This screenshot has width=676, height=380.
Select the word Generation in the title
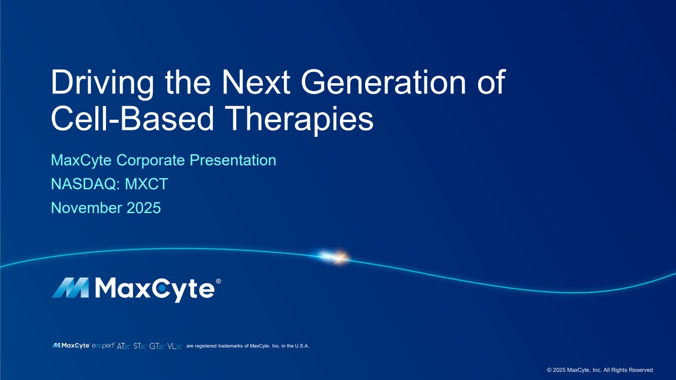coord(383,82)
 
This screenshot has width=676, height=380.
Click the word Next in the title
coord(256,82)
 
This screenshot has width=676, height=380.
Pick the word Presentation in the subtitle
coord(233,160)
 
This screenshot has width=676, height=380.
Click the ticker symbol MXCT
coord(147,184)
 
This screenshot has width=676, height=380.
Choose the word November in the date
coord(87,208)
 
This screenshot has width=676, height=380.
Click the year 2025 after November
coord(144,208)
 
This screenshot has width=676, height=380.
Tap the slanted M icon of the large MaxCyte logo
coord(70,288)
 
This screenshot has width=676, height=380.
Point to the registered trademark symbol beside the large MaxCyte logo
coord(219,281)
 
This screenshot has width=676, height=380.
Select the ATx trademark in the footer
coord(123,346)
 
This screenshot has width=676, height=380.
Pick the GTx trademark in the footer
coord(157,346)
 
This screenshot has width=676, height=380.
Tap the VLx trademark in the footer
coord(175,346)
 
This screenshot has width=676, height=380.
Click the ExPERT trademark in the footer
coord(103,346)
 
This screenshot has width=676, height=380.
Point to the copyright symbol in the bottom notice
coord(549,370)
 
